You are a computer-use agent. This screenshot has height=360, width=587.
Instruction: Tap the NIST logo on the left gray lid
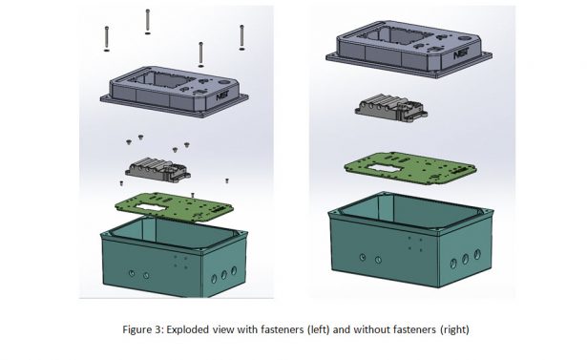222,94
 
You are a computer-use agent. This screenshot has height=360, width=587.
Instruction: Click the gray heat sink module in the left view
156,172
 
